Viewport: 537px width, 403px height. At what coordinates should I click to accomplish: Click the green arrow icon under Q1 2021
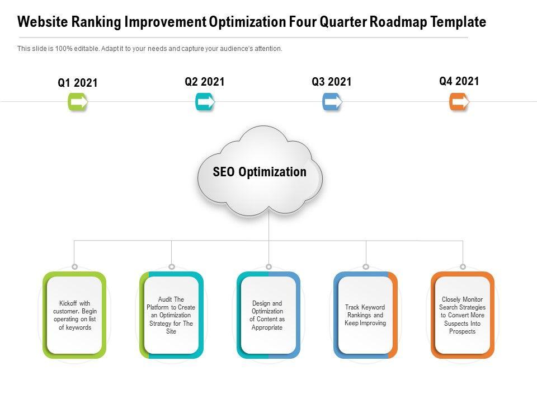point(78,102)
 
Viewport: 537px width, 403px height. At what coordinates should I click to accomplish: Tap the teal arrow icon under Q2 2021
point(205,102)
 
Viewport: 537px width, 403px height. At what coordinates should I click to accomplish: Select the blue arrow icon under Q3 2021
point(332,102)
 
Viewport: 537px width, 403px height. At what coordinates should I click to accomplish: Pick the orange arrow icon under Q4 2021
point(459,102)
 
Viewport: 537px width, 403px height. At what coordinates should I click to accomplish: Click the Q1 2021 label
point(78,83)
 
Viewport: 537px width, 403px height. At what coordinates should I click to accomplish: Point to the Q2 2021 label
point(205,82)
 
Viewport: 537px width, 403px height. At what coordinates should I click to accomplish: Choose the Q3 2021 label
point(332,82)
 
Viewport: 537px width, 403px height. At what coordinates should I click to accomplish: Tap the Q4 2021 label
point(459,81)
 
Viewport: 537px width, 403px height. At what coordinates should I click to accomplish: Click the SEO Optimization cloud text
point(260,172)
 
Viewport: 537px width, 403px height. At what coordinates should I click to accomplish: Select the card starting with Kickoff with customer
point(74,315)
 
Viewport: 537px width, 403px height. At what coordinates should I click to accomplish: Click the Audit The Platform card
point(171,315)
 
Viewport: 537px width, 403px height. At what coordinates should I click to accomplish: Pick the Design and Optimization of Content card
point(268,315)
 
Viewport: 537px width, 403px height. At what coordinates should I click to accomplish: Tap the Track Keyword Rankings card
point(365,315)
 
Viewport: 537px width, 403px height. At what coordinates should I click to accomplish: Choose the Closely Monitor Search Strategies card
point(463,315)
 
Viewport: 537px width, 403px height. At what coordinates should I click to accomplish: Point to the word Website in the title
point(42,22)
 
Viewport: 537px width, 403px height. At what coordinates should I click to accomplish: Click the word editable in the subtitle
point(83,49)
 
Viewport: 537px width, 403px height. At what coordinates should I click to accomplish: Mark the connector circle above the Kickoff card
point(74,267)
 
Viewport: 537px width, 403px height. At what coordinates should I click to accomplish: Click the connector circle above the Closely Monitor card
point(463,267)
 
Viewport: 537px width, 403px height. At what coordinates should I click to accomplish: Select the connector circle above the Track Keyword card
point(365,267)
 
